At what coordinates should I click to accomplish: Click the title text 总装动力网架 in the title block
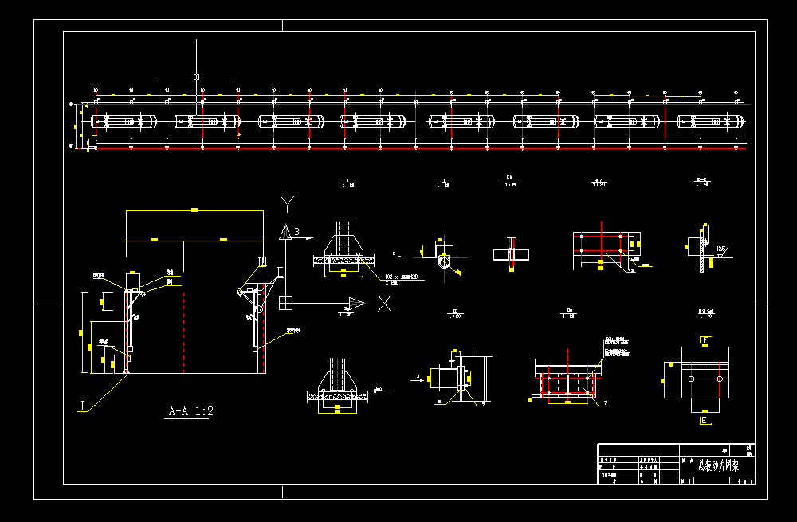pos(718,466)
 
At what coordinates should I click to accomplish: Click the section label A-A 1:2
pos(190,412)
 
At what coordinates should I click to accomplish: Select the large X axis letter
pos(385,303)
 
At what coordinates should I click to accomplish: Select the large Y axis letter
pos(288,202)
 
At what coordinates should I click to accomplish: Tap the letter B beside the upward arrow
pos(296,232)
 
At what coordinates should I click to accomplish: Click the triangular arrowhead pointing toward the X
pos(355,303)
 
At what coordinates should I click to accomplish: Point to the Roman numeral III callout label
pos(261,261)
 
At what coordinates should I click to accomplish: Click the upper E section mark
pos(705,341)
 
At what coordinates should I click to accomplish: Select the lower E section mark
pos(705,419)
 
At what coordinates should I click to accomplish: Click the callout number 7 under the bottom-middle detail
pos(605,404)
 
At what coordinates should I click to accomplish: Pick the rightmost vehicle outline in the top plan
pos(711,121)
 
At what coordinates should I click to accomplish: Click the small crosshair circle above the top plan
pos(196,77)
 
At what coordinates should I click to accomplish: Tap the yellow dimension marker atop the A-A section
pos(194,210)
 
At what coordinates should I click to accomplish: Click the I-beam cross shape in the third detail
pos(511,253)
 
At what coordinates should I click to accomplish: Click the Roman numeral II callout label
pos(279,271)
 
